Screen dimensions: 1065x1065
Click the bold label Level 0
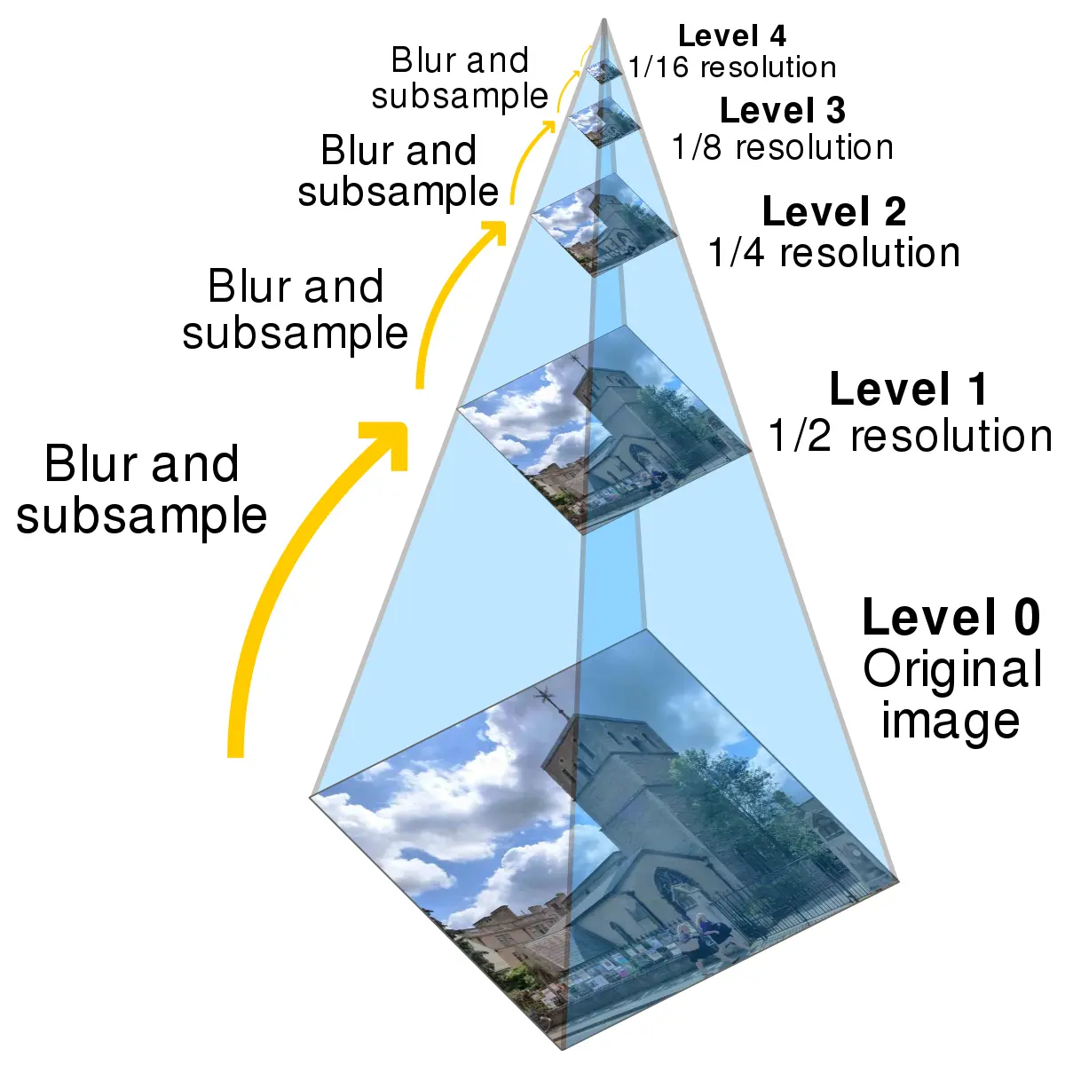(x=951, y=617)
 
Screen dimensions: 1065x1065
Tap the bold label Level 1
(x=907, y=390)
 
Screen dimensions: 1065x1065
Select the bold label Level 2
(x=833, y=212)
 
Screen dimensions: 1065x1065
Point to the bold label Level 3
(x=782, y=111)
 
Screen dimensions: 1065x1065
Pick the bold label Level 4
(x=731, y=36)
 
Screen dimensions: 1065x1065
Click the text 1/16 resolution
(x=732, y=67)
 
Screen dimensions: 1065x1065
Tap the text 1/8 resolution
(x=782, y=147)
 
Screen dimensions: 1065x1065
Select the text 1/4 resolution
(x=833, y=253)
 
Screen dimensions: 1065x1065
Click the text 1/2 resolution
(x=910, y=436)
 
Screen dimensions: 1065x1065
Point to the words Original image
(x=951, y=694)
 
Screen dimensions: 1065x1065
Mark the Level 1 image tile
(x=603, y=428)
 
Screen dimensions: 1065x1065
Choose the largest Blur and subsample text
(x=142, y=489)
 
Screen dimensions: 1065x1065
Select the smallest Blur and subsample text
(x=460, y=78)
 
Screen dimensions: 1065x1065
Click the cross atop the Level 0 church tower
(x=543, y=697)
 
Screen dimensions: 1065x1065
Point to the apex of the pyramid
(x=604, y=20)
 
